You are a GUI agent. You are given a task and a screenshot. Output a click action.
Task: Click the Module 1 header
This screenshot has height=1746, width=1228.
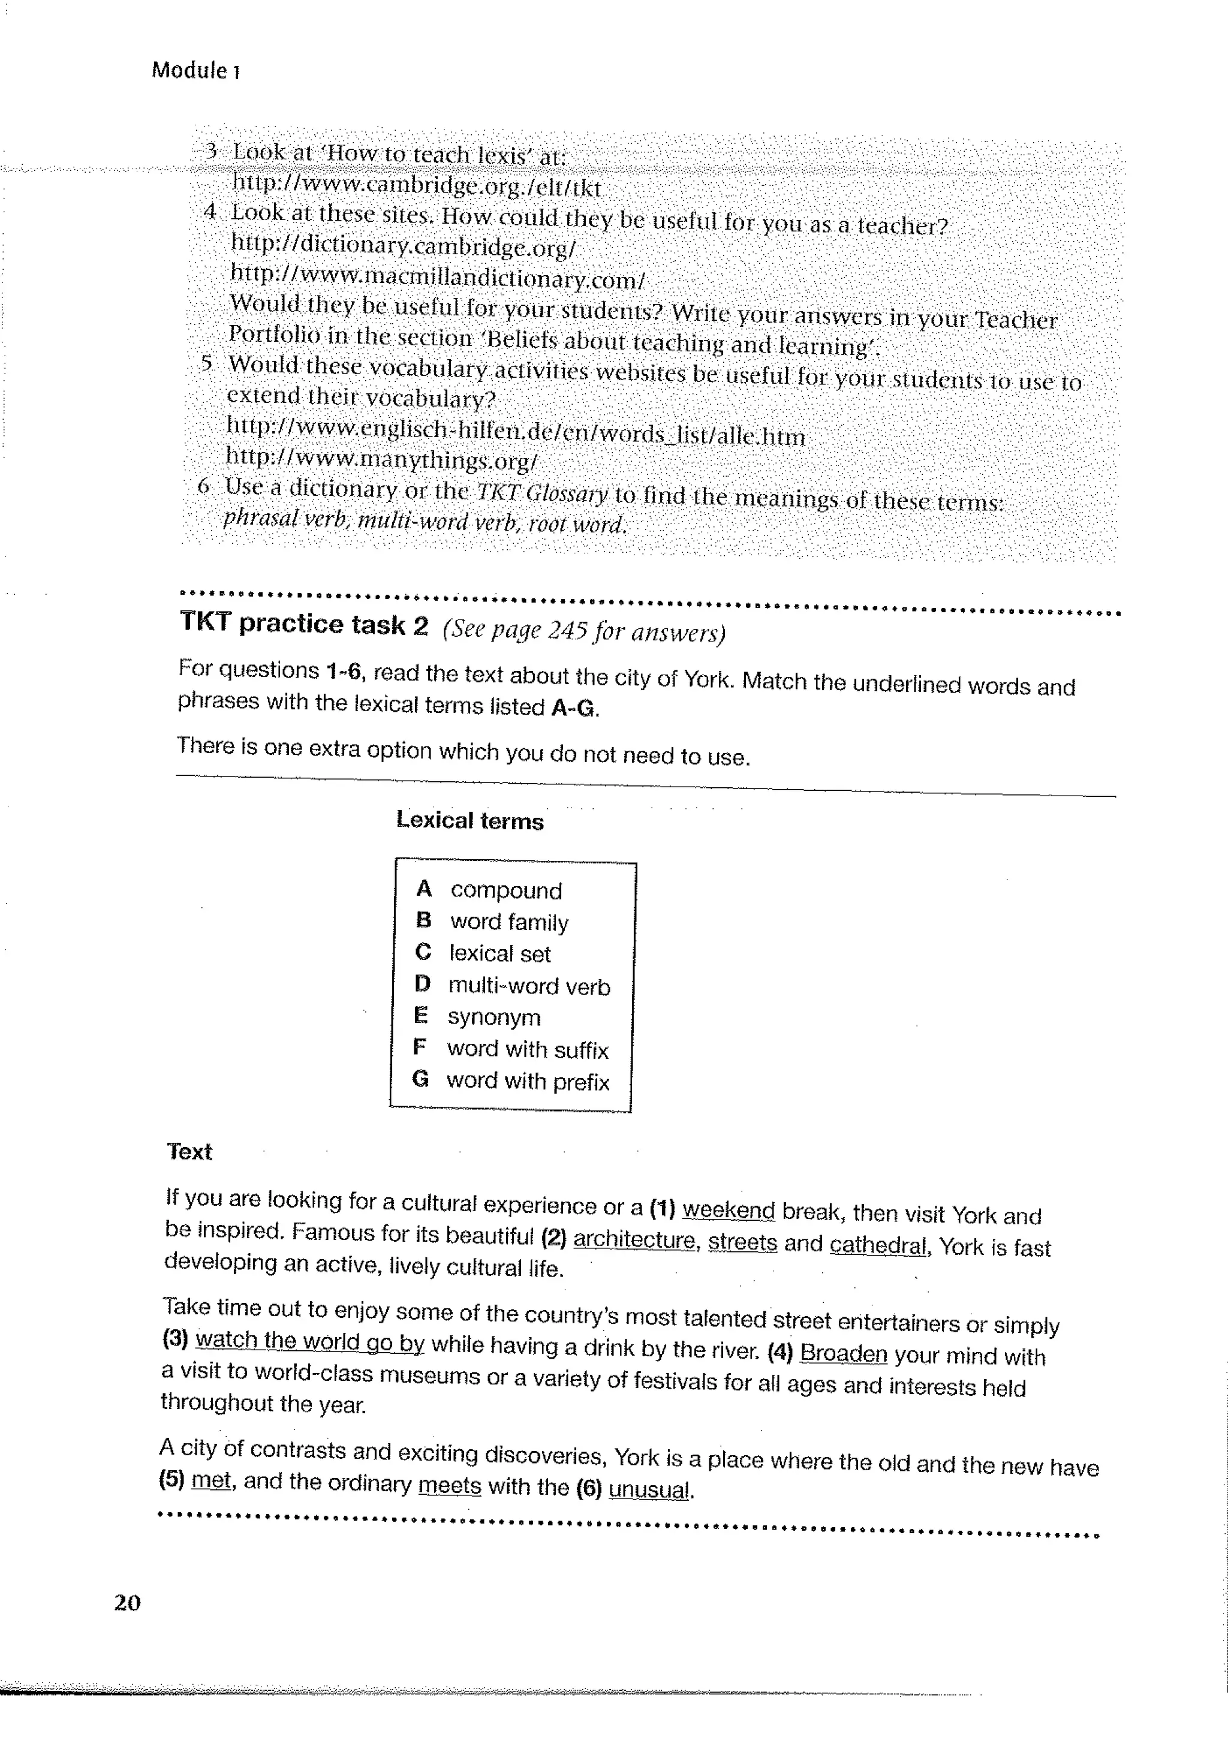(x=196, y=71)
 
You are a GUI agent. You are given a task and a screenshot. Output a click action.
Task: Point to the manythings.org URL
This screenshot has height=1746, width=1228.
(x=382, y=459)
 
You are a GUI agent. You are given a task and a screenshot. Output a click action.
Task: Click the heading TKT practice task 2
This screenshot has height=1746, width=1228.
(x=304, y=624)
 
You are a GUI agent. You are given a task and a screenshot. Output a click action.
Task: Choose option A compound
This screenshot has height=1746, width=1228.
(x=505, y=890)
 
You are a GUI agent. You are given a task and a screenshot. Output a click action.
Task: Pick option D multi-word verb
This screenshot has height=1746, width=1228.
(x=528, y=986)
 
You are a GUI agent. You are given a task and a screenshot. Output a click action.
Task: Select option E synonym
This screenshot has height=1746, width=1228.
(x=493, y=1017)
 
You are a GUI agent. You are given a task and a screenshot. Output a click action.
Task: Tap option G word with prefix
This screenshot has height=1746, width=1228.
(x=528, y=1080)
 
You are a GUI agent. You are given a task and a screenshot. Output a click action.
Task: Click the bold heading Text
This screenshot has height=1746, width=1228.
(x=189, y=1151)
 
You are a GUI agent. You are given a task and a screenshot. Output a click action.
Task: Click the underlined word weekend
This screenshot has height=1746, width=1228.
(x=729, y=1209)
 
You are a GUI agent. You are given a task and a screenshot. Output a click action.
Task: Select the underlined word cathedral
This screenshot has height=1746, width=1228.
(x=877, y=1245)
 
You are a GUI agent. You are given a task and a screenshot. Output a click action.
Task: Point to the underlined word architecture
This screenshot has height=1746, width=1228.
(x=634, y=1239)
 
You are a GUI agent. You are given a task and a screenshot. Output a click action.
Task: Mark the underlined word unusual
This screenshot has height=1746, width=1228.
(x=650, y=1488)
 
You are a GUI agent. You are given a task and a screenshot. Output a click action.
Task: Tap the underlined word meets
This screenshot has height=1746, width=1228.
(x=449, y=1485)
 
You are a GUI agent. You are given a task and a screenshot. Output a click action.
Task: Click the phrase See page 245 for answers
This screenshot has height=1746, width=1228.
(x=584, y=630)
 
